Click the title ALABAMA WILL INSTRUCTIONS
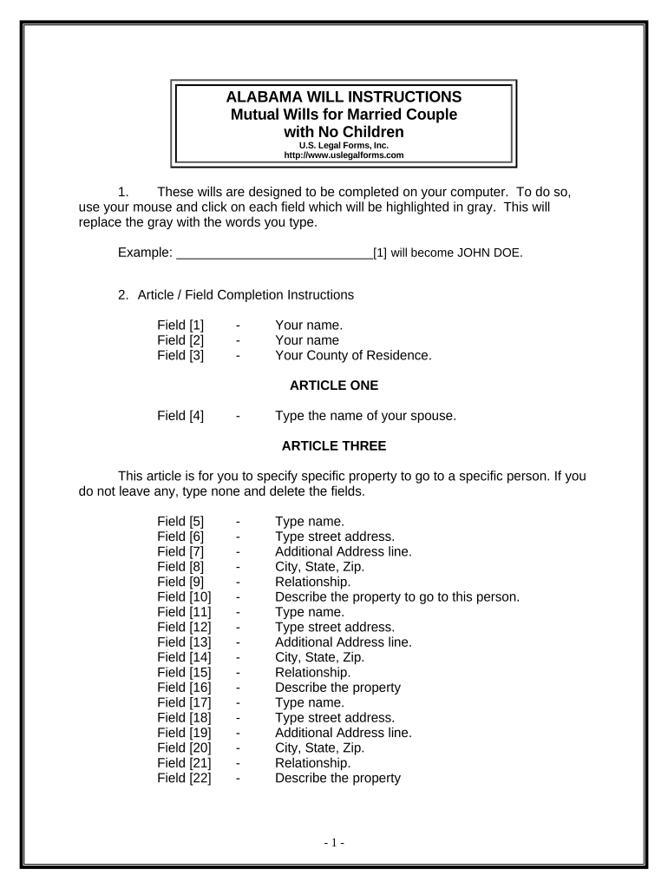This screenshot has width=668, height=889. coord(344,96)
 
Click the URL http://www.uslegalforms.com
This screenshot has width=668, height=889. coord(344,155)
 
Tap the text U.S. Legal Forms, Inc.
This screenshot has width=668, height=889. coord(344,145)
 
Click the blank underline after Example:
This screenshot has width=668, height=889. coord(274,254)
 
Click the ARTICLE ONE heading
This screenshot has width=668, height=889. coord(334,385)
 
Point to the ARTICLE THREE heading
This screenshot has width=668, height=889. coord(334,446)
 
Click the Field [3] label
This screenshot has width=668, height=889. coord(180,355)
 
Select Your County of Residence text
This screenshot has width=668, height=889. coord(352,355)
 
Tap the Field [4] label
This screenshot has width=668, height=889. coord(180,416)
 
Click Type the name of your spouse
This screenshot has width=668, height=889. coord(365,416)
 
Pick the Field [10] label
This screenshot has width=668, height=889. coord(184,597)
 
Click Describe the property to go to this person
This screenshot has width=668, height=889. coord(396,597)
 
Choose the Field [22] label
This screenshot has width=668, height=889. coord(184,778)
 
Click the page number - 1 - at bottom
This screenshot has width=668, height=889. coord(334,843)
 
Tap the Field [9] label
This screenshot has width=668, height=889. coord(180,582)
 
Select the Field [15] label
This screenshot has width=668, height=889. coord(184,672)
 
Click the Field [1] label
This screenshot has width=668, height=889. coord(180,325)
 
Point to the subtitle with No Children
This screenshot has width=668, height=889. coord(344,132)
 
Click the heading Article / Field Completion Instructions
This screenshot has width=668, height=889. coord(246,294)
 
